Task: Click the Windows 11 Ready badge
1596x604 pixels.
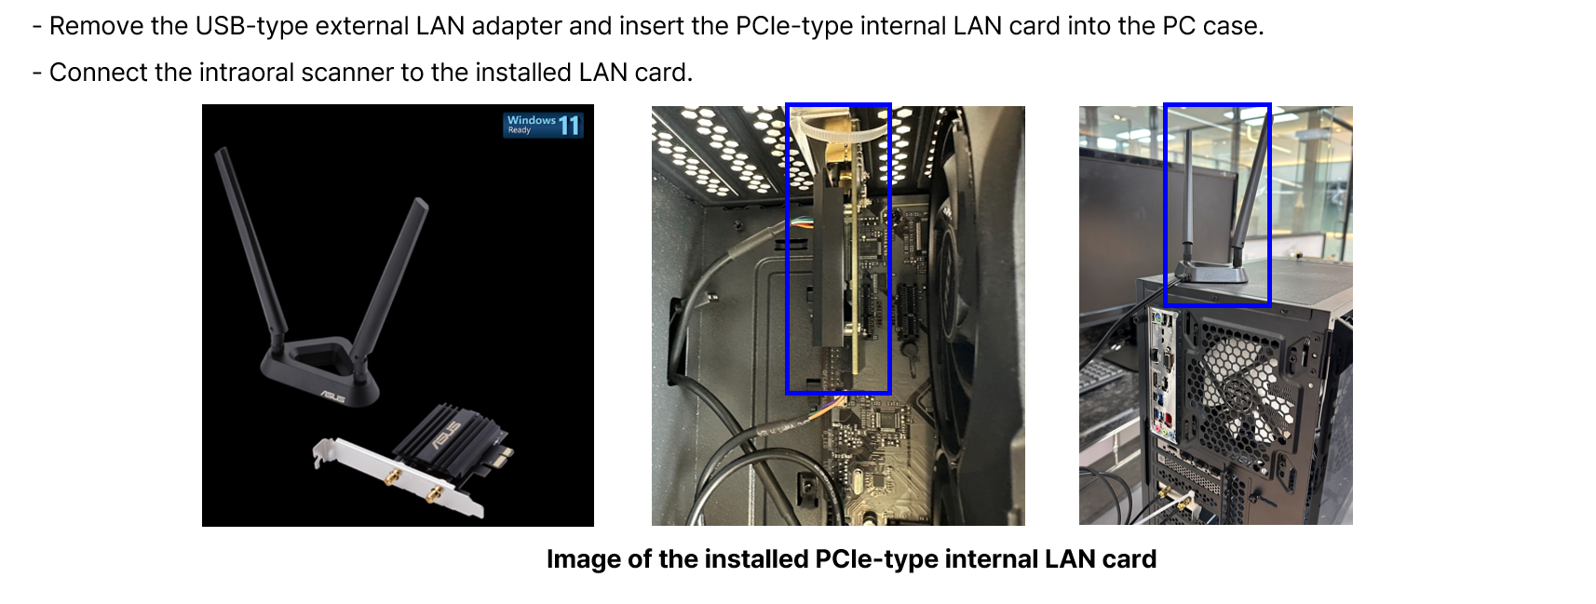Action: [x=543, y=125]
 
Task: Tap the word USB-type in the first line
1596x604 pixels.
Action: [x=251, y=26]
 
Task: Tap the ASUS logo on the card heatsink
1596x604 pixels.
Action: [x=444, y=436]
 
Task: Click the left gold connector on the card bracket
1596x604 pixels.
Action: [x=391, y=476]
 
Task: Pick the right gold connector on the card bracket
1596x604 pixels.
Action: [x=432, y=493]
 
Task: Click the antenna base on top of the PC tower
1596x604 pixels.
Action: [x=1211, y=273]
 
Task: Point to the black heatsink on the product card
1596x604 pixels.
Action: [x=451, y=439]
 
